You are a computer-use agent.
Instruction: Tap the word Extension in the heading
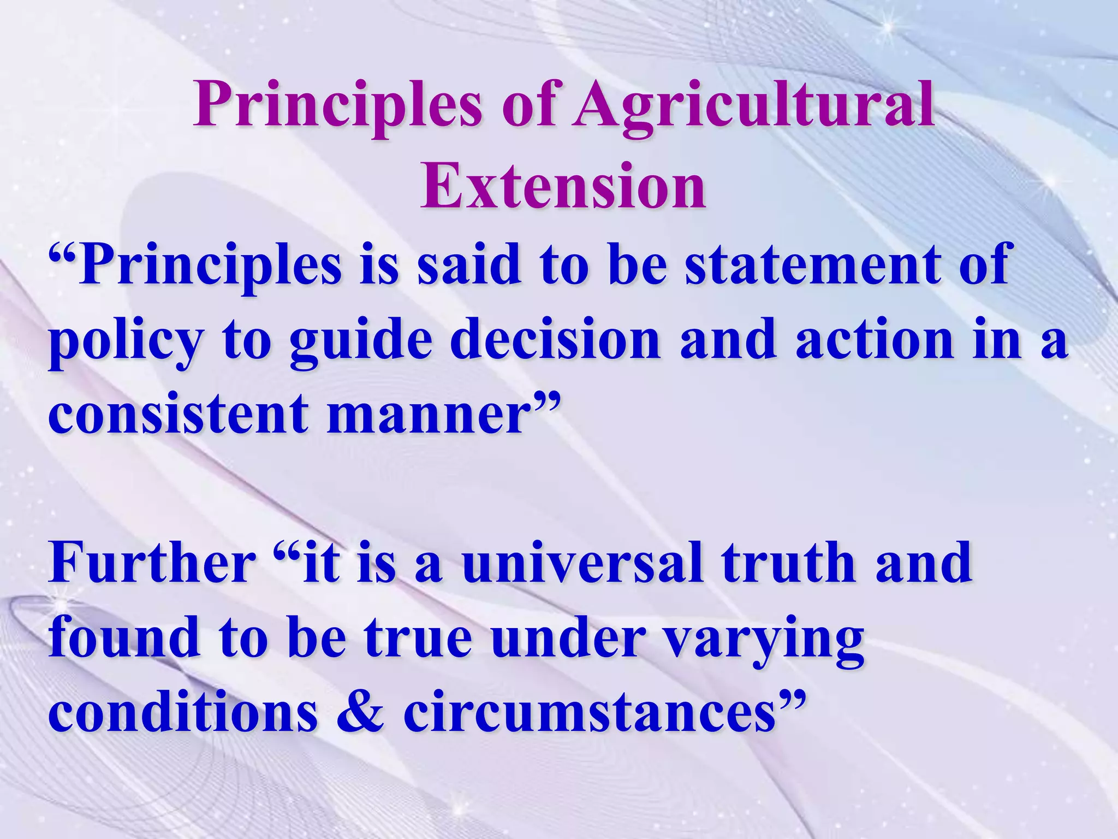point(563,186)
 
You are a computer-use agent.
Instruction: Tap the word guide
point(361,341)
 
